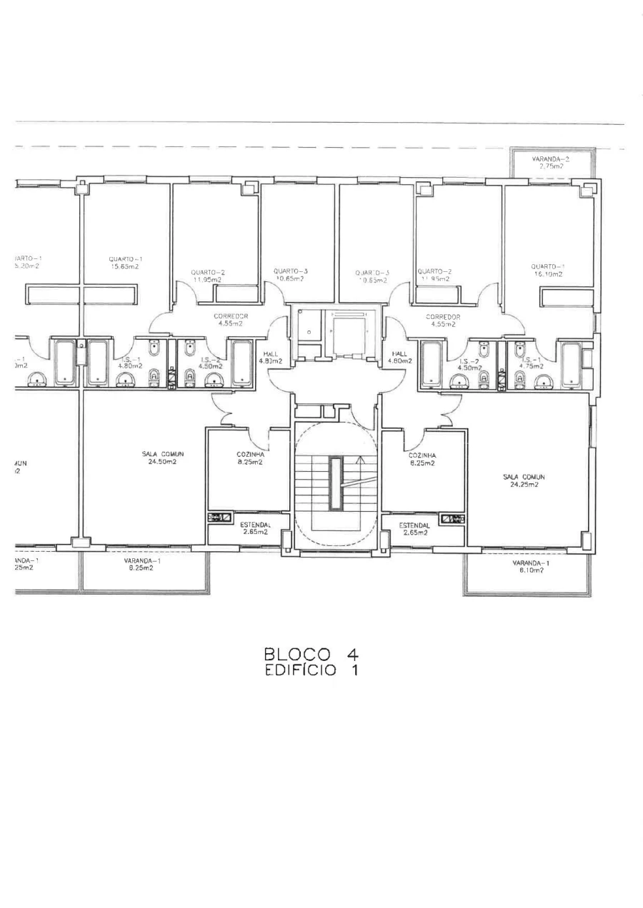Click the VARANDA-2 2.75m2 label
coord(551,162)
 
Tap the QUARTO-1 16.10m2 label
coord(547,270)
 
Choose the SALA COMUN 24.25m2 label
coord(524,480)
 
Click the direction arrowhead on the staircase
coord(362,460)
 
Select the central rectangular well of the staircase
coord(336,484)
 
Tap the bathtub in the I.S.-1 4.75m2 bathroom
coord(572,365)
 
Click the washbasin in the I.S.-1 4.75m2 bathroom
coord(543,380)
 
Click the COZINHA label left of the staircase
coord(251,455)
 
